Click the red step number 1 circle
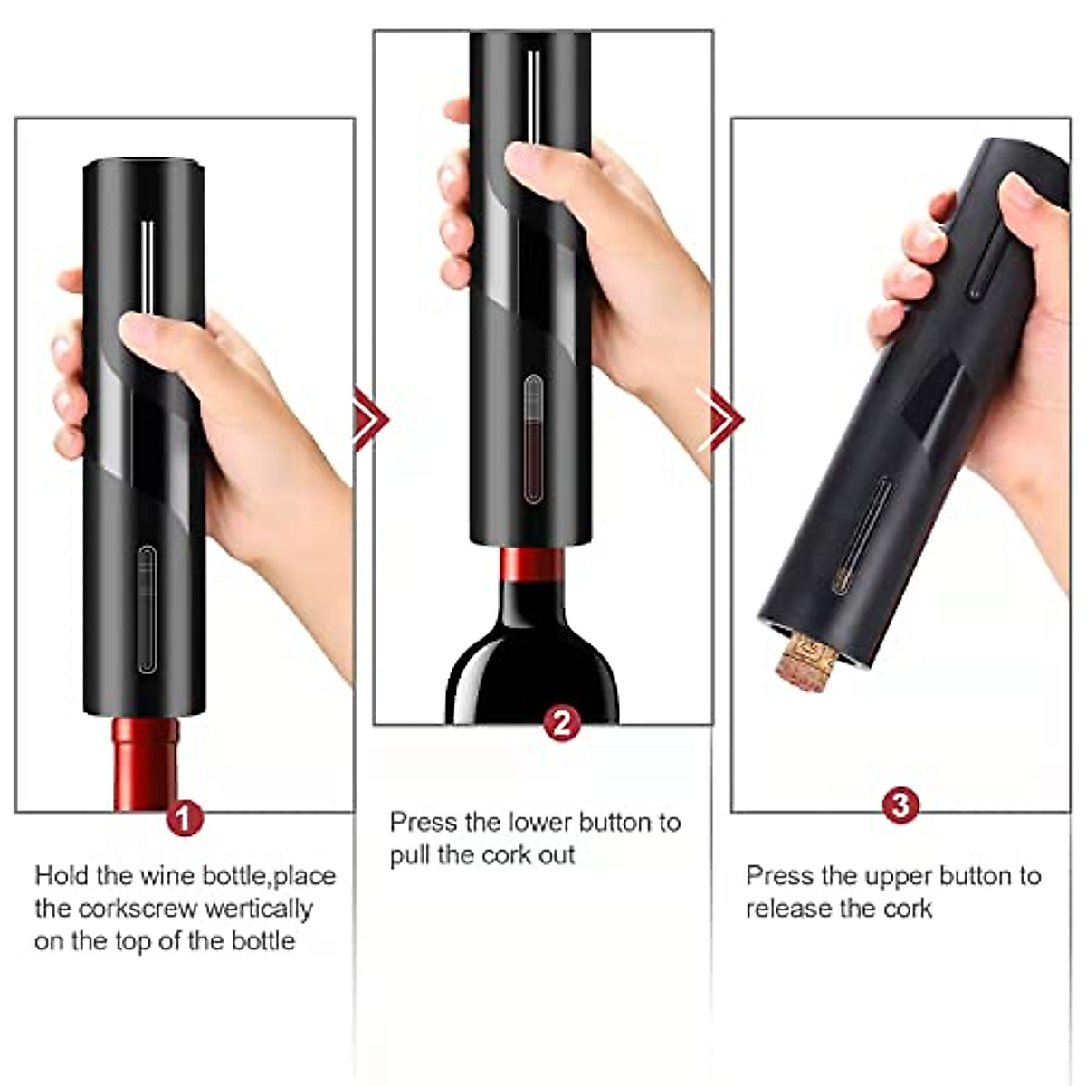pos(184,818)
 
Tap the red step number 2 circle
pos(561,724)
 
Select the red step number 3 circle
pos(900,805)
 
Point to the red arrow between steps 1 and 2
pos(369,419)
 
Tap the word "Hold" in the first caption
pos(61,876)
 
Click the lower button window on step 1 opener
pos(147,609)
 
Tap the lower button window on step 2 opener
pos(533,439)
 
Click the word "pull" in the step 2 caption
pos(410,854)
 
